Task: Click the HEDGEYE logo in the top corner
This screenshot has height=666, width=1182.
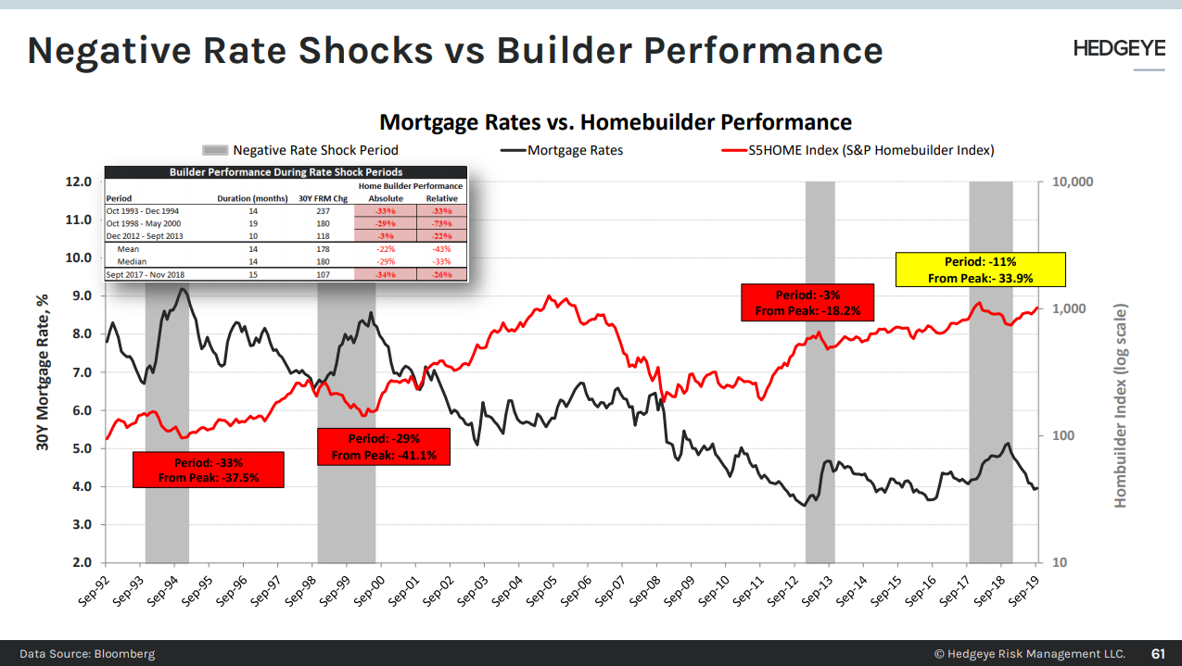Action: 1119,49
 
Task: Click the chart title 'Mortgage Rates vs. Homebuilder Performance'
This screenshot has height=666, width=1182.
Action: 616,122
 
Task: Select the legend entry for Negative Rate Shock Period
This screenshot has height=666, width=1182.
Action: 300,150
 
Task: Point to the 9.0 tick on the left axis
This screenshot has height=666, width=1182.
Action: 79,295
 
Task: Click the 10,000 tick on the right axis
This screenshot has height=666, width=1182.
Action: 1074,182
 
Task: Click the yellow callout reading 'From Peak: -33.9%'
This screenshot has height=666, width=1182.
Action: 981,269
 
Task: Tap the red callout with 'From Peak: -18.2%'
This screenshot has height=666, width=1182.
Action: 807,303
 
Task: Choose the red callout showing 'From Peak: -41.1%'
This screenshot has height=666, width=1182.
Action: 384,446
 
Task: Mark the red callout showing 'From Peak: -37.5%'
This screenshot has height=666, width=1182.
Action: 208,470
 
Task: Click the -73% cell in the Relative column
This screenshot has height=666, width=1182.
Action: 441,224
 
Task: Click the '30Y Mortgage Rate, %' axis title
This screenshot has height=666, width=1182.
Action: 43,371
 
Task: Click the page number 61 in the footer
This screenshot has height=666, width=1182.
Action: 1159,653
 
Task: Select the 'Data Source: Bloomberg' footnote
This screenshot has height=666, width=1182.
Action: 87,653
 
